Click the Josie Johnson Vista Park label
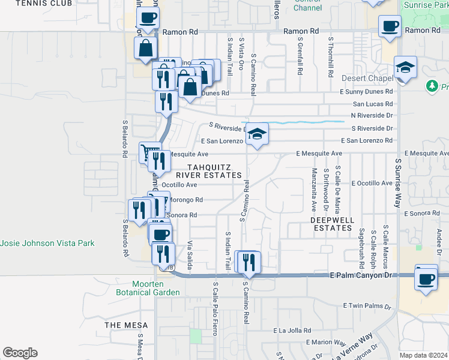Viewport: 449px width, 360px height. [47, 244]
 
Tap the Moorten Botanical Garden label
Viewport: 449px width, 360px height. [156, 288]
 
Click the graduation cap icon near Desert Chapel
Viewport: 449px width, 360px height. [406, 67]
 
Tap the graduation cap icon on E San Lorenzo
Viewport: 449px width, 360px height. [257, 134]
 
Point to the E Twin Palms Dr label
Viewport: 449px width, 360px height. [367, 306]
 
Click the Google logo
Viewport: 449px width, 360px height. [20, 353]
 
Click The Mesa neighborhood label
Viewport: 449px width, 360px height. [122, 325]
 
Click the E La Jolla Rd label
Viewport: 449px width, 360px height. [292, 331]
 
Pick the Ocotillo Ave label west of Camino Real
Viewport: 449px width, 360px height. [179, 185]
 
